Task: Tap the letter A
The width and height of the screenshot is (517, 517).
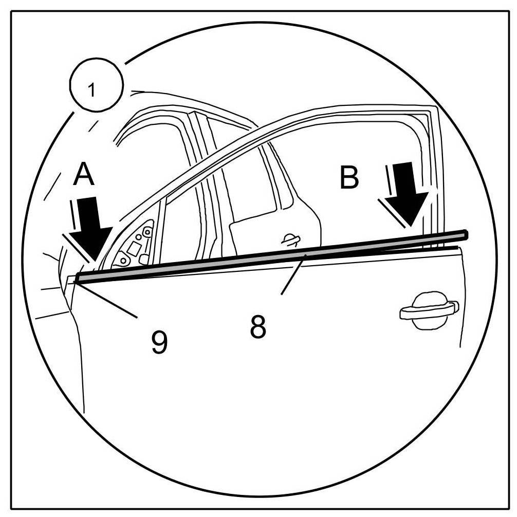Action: pos(84,176)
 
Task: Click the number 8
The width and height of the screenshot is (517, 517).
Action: pos(258,327)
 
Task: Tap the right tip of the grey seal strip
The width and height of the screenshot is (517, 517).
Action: pos(465,235)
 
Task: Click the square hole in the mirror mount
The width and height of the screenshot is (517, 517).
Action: pos(134,249)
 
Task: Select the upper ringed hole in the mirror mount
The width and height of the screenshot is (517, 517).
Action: pos(147,232)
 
